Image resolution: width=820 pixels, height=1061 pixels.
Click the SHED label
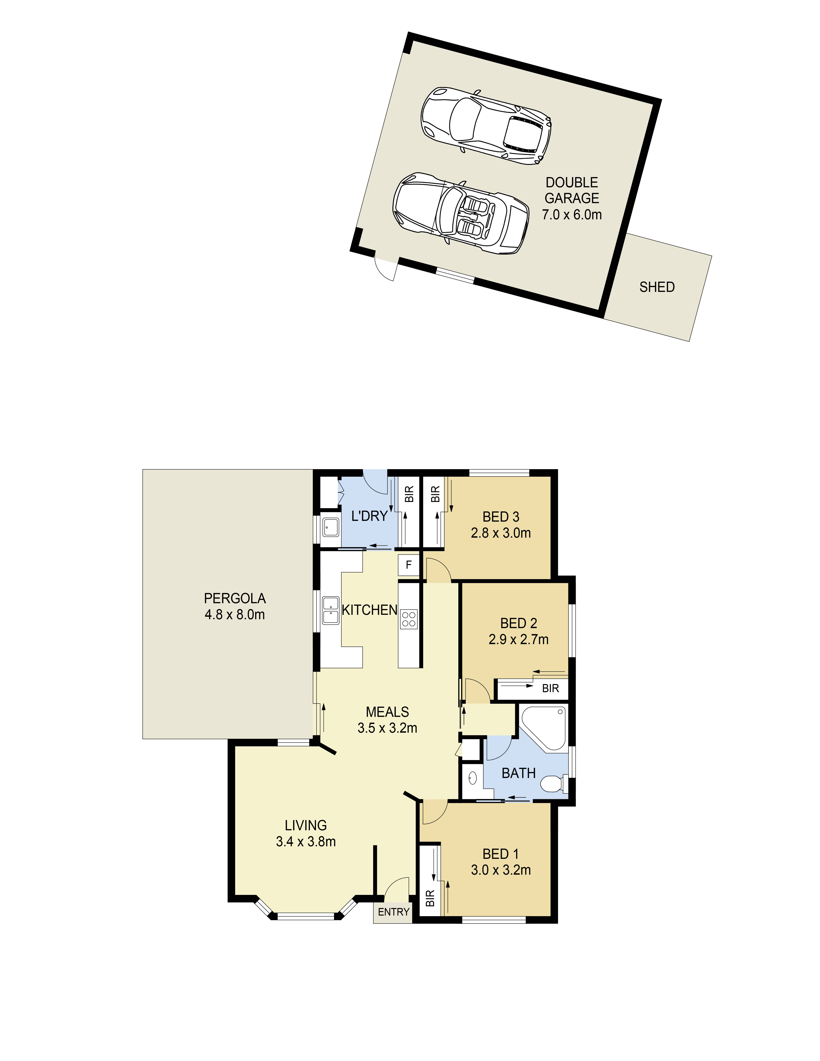click(x=657, y=287)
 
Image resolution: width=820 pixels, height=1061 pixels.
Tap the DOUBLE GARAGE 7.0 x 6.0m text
click(x=572, y=198)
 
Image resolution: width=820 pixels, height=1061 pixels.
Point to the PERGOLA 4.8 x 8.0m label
click(x=235, y=606)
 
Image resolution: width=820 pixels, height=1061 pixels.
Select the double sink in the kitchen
click(x=330, y=610)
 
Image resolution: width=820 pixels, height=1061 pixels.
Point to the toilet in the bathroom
click(x=553, y=784)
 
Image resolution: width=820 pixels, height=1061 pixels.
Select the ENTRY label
click(x=393, y=912)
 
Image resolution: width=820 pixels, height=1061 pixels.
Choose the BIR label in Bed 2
click(x=550, y=688)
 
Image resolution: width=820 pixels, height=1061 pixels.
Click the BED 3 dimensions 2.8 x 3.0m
click(x=500, y=533)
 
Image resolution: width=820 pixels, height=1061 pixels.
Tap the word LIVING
click(x=306, y=825)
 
